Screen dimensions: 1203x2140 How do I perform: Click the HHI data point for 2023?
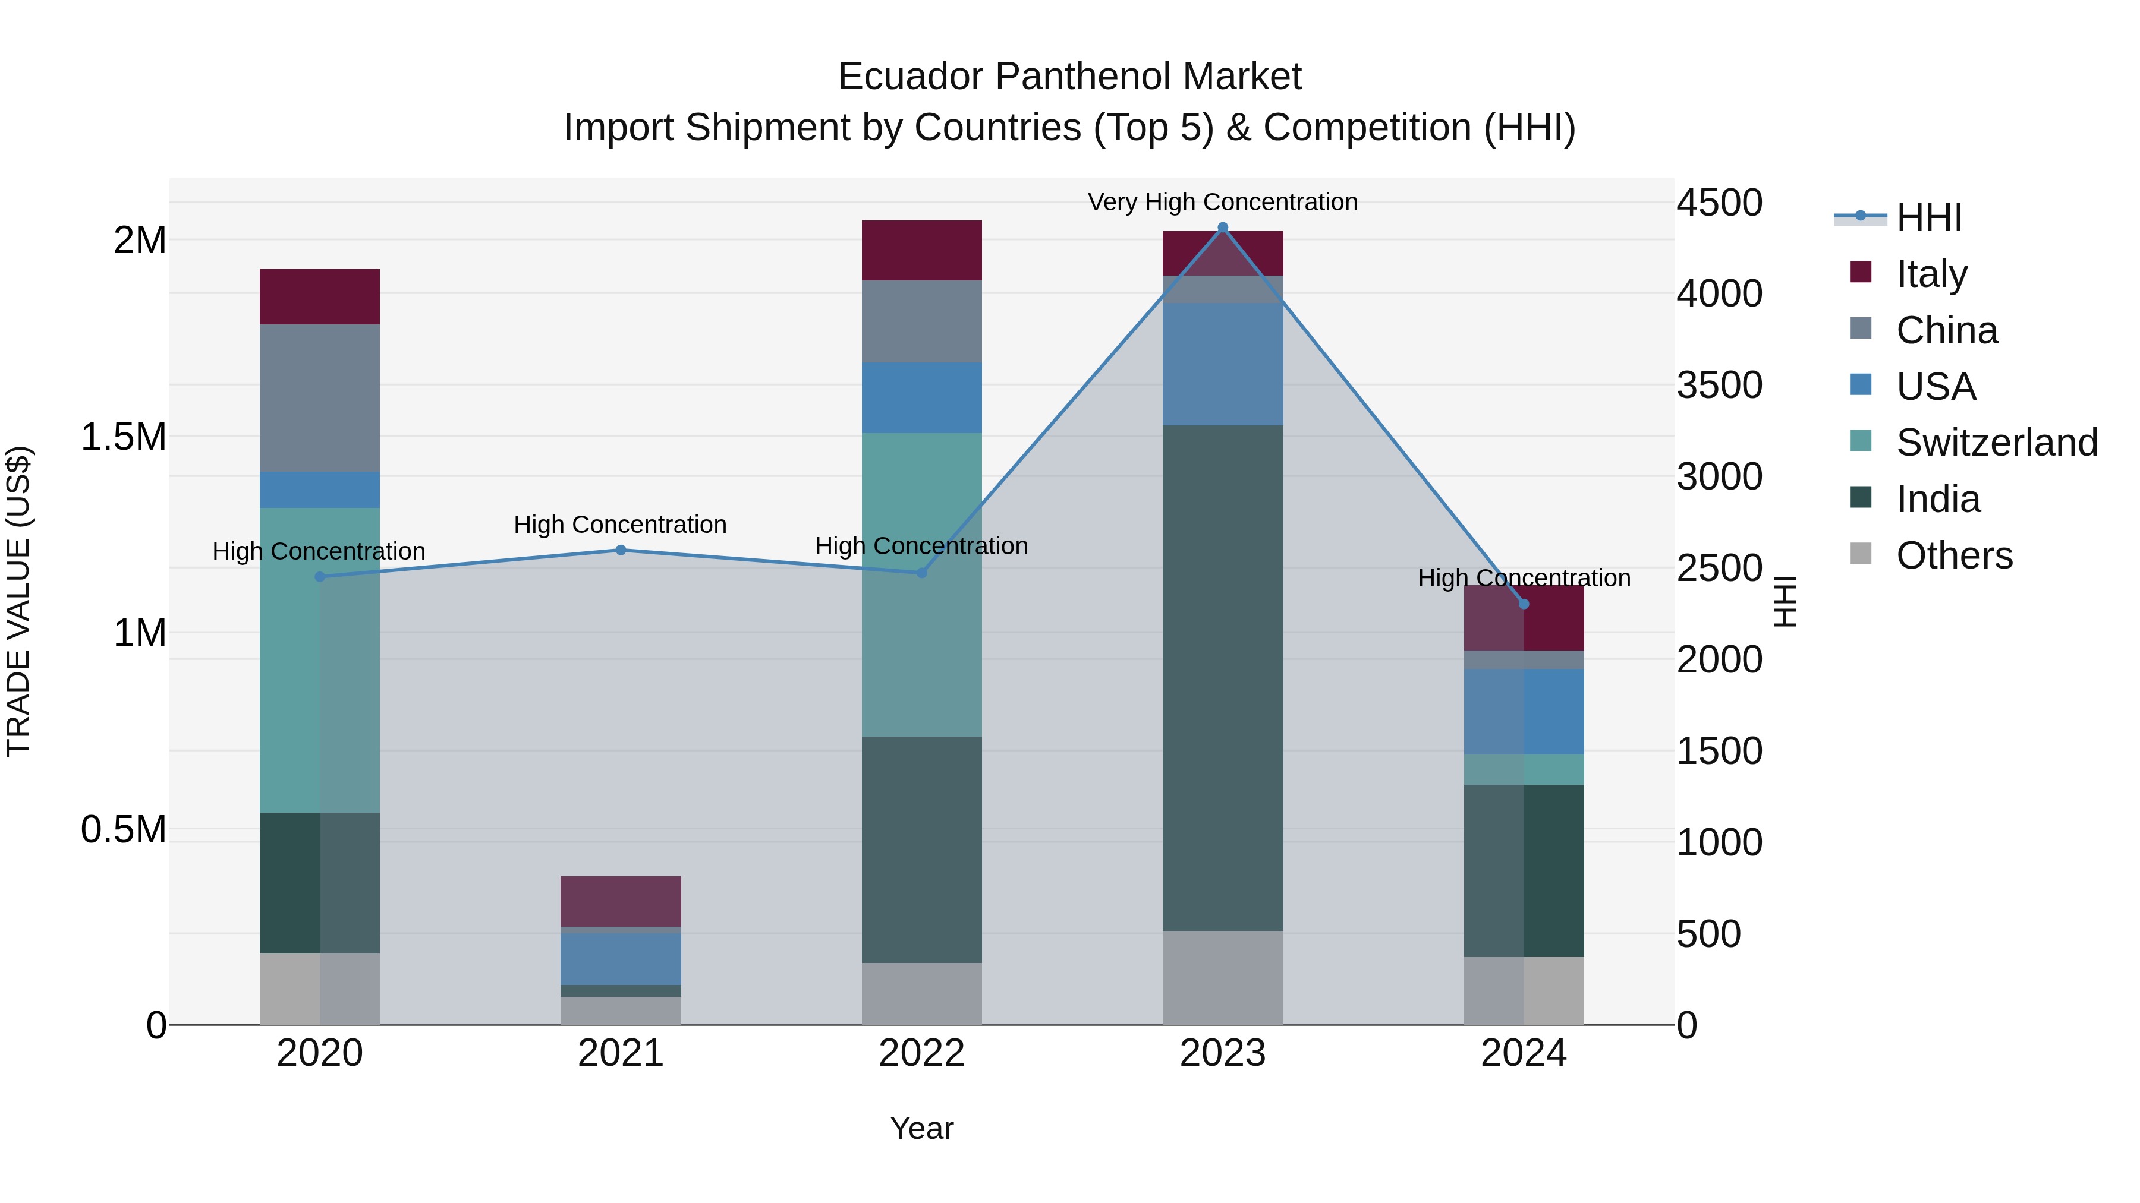click(1222, 228)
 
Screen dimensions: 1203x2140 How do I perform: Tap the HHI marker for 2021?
click(621, 550)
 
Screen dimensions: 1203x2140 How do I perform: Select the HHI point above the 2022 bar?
click(921, 573)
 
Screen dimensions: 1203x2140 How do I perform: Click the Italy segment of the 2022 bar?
click(921, 250)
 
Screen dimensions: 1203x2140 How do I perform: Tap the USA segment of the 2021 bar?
click(621, 958)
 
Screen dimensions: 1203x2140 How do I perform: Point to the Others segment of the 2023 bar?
click(1222, 977)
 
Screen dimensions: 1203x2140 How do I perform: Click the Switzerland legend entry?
click(1996, 443)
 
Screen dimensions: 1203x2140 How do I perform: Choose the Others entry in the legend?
click(1954, 555)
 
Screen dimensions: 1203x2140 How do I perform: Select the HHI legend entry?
click(1928, 217)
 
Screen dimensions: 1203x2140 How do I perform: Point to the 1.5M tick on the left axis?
click(124, 437)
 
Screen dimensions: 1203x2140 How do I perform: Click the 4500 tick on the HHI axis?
click(1719, 203)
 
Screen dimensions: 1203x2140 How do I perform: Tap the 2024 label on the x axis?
click(1523, 1053)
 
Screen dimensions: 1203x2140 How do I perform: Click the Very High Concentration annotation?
click(1222, 202)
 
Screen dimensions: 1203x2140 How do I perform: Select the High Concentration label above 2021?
click(620, 525)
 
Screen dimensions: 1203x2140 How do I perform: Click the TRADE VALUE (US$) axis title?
click(18, 601)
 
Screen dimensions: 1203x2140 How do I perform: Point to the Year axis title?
click(921, 1128)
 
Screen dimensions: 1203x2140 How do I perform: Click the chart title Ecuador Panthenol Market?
click(1069, 77)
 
